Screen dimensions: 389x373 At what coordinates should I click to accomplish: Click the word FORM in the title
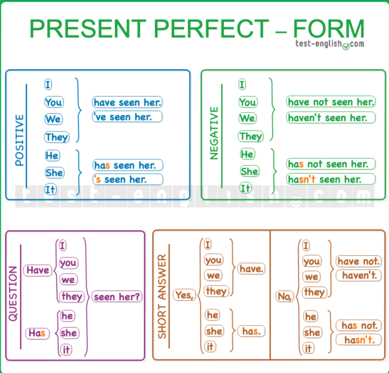(x=329, y=29)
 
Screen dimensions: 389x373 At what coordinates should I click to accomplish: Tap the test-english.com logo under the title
(x=330, y=44)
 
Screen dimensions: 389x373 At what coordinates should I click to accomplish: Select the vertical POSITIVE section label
(x=19, y=140)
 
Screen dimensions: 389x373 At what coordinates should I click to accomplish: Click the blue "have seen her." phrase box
(x=127, y=102)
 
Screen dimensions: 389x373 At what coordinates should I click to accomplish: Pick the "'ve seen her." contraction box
(x=127, y=116)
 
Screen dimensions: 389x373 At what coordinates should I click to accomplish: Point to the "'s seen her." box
(x=128, y=179)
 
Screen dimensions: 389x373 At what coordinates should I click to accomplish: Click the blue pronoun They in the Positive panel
(x=57, y=137)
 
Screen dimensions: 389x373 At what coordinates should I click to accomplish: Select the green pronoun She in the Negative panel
(x=249, y=171)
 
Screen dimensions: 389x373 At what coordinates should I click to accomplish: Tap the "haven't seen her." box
(x=331, y=118)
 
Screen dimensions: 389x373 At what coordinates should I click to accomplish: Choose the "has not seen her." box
(x=331, y=164)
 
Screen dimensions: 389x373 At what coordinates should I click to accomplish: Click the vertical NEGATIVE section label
(x=214, y=133)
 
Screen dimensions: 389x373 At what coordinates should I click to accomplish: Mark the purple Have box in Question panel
(x=38, y=270)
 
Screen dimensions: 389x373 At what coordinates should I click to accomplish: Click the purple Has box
(x=37, y=333)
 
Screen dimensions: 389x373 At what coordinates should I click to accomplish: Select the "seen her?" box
(x=117, y=297)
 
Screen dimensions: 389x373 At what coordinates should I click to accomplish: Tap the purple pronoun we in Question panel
(x=68, y=280)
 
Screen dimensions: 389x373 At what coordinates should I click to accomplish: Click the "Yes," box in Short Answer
(x=184, y=295)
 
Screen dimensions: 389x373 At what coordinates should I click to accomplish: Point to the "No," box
(x=285, y=296)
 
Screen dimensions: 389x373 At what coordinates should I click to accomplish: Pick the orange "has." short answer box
(x=251, y=331)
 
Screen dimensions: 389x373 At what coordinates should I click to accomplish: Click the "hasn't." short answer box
(x=359, y=340)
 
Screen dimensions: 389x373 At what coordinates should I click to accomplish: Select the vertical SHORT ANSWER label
(x=162, y=296)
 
